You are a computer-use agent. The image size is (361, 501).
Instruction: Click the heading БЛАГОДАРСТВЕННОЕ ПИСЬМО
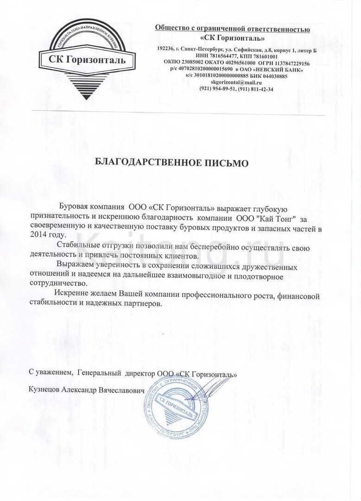coord(172,163)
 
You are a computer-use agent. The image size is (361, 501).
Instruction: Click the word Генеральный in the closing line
coord(99,373)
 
